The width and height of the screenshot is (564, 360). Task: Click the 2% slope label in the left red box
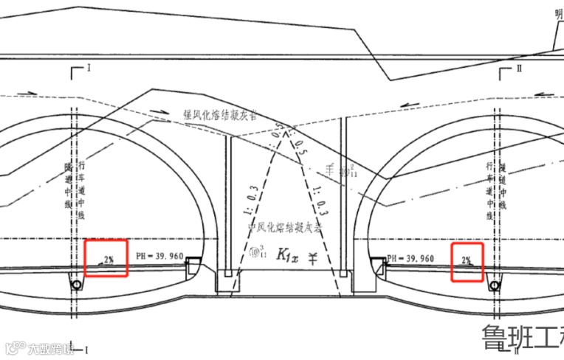click(108, 259)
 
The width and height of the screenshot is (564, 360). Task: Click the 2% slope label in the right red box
click(467, 260)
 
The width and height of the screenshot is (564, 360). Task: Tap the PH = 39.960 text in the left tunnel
click(159, 256)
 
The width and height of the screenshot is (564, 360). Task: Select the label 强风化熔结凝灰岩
click(220, 115)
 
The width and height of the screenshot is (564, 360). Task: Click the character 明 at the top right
click(559, 13)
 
